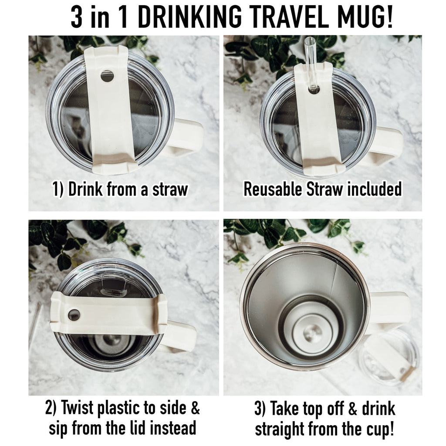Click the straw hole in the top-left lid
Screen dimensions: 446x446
click(107, 76)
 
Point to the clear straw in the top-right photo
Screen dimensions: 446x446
click(311, 61)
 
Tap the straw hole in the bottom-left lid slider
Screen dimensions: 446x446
click(74, 314)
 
